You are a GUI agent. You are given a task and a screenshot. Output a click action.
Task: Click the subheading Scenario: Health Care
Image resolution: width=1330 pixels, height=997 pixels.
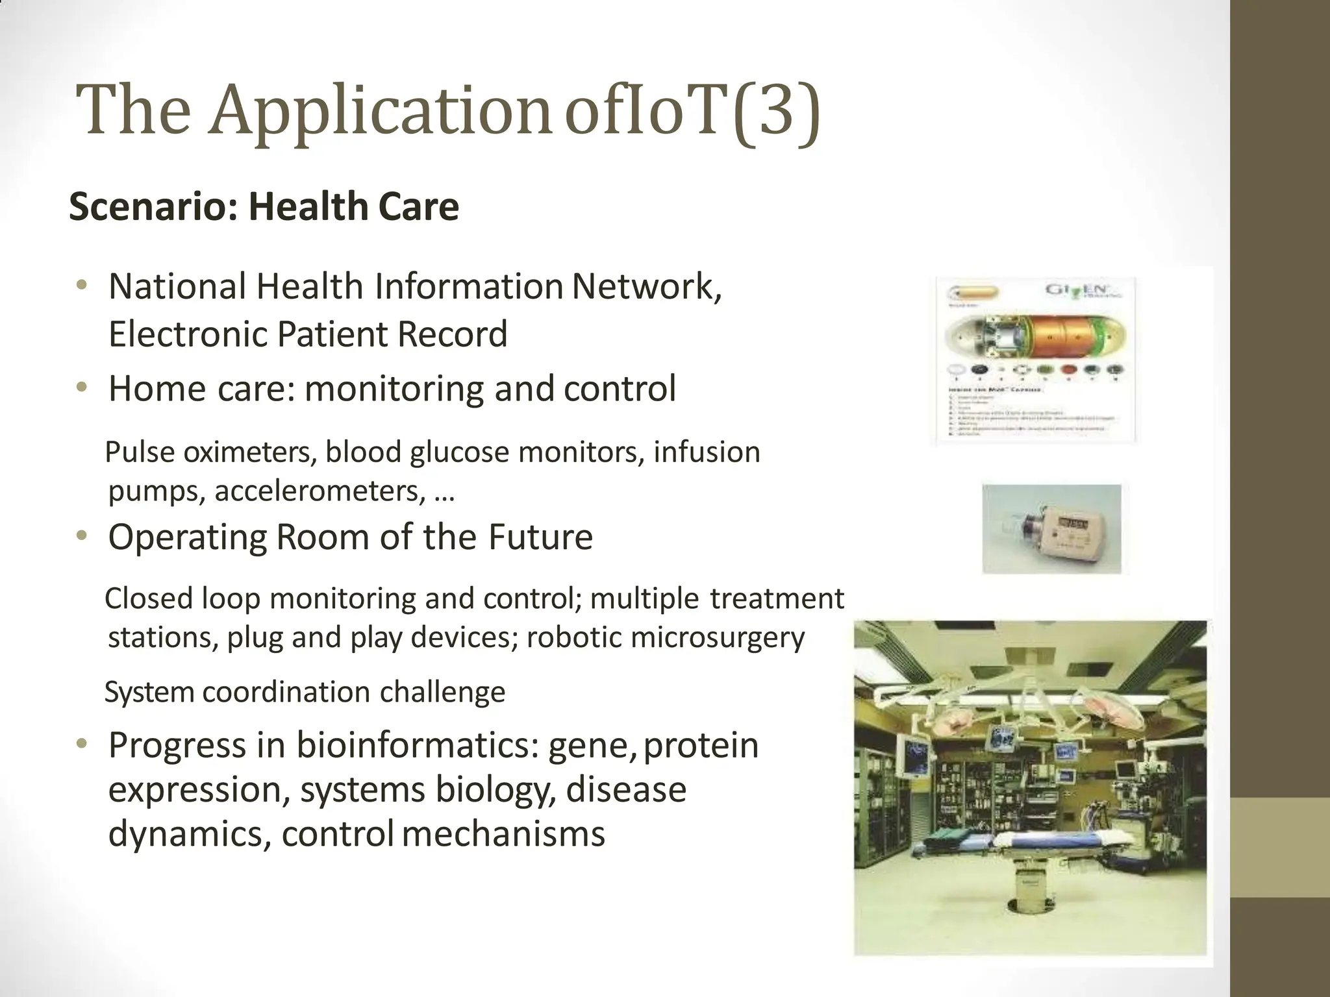tap(264, 207)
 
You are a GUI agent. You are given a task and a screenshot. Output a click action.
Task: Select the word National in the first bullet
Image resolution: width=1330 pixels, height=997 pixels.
tap(177, 286)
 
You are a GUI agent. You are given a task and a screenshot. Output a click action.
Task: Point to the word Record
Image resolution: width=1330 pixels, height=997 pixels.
tap(452, 334)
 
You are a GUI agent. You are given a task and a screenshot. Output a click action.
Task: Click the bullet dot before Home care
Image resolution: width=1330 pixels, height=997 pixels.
tap(81, 388)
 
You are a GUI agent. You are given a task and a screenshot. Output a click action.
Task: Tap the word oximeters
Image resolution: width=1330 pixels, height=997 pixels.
tap(250, 452)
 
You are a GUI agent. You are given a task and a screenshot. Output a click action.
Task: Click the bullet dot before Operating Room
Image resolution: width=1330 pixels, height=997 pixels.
tap(81, 536)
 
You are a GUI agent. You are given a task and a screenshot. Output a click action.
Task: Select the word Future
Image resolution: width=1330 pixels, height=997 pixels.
tap(540, 537)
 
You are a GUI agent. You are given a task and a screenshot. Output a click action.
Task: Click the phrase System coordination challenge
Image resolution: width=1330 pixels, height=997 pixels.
tap(305, 692)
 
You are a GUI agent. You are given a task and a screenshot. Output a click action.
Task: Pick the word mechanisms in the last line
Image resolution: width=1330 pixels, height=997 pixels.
tap(503, 833)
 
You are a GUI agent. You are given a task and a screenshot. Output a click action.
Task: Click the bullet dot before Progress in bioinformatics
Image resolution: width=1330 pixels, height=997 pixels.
tap(81, 745)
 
